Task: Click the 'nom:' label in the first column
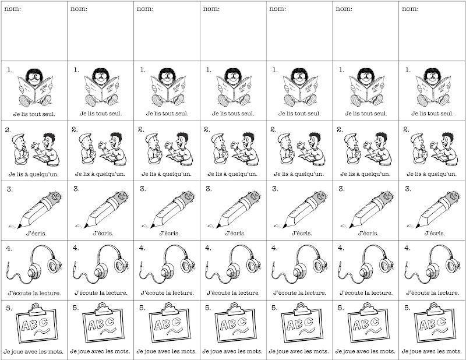coord(13,9)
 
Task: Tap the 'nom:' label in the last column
coord(410,9)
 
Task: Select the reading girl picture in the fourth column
coord(234,87)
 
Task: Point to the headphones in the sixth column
coord(366,264)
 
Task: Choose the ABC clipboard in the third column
coord(169,323)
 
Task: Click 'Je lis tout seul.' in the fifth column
coord(299,114)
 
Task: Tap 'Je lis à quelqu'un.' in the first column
coord(34,174)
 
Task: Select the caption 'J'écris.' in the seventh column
coord(434,234)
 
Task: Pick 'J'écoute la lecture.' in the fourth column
coord(234,293)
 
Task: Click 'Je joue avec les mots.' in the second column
coord(100,351)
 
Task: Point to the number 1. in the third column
coord(143,70)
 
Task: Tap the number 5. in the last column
coord(407,308)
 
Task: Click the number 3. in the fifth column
coord(275,189)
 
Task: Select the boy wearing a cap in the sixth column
coord(353,149)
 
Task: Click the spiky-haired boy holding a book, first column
coord(46,149)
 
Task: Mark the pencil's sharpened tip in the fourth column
coord(218,227)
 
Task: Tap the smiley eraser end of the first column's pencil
coord(55,196)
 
